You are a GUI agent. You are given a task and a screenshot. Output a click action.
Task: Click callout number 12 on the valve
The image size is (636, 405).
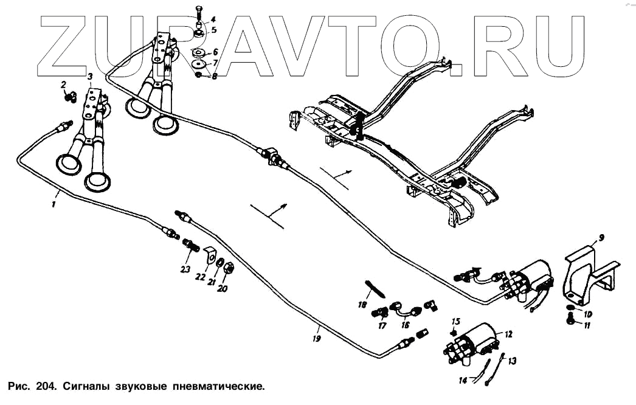pos(508,334)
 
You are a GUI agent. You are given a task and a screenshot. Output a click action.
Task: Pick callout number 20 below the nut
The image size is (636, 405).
pos(222,289)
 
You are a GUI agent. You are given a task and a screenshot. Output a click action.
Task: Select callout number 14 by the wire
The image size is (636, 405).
pos(463,381)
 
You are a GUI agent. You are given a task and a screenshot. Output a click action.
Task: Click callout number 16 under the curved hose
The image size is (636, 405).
pos(406,325)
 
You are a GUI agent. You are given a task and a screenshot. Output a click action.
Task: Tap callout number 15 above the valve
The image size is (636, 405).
pos(457,321)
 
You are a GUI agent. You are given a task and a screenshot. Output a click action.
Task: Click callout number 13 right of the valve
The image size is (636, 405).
pos(512,361)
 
